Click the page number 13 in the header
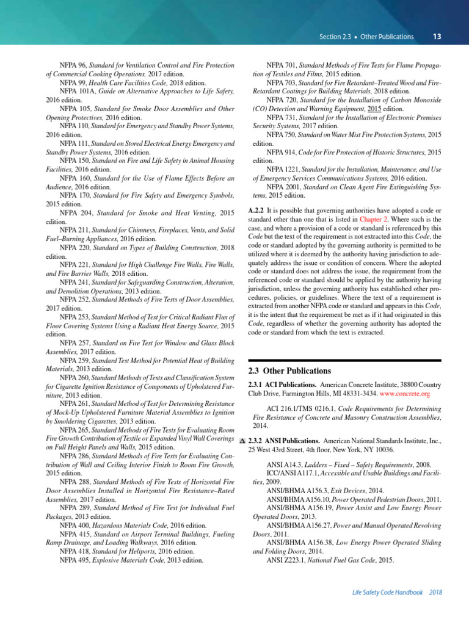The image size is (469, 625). click(437, 37)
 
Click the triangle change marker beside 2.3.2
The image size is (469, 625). click(242, 441)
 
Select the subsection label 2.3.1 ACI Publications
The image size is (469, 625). click(282, 385)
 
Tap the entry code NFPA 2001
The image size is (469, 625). click(284, 186)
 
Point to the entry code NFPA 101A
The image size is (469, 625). click(77, 91)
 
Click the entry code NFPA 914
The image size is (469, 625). click(282, 151)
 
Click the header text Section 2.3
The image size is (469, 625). click(335, 37)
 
